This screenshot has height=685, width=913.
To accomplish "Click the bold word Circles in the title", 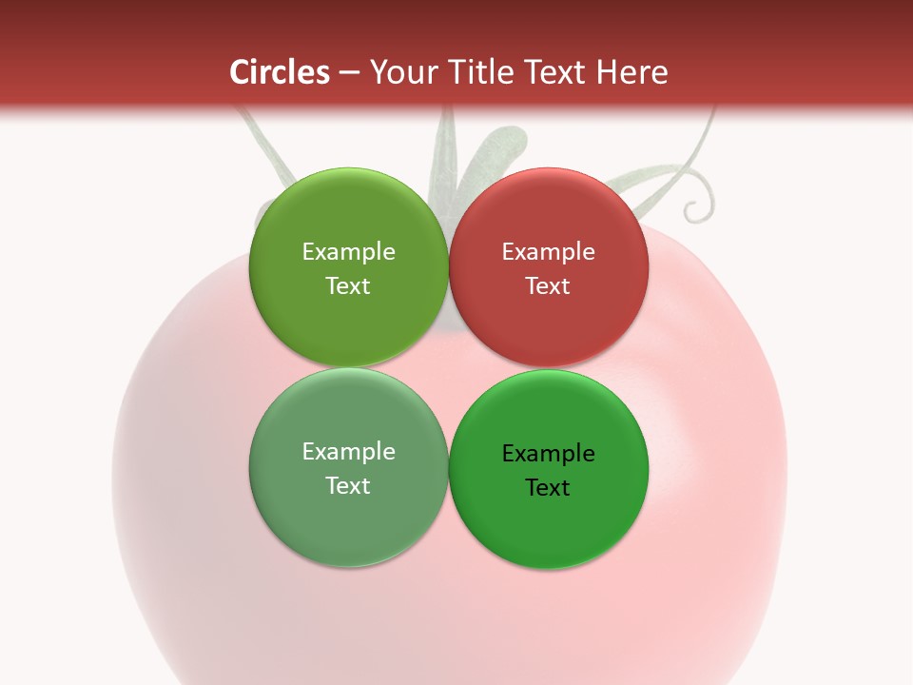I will point(279,72).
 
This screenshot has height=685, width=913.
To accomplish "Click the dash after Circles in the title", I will point(348,73).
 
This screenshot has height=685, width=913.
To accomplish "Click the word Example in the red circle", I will point(549,252).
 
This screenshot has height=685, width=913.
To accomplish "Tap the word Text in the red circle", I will point(549,285).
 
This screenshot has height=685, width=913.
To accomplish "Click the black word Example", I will point(549,454).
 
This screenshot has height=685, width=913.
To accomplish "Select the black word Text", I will point(549,487).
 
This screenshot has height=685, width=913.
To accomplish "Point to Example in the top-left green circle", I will point(348,252).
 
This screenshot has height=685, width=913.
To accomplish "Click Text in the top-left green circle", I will point(348,285).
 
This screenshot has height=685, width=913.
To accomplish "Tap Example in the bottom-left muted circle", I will point(348,452).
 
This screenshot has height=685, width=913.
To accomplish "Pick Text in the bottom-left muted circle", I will point(348,485).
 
